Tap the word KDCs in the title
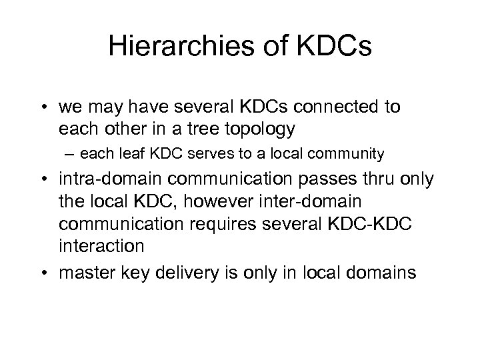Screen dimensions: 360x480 click(335, 48)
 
